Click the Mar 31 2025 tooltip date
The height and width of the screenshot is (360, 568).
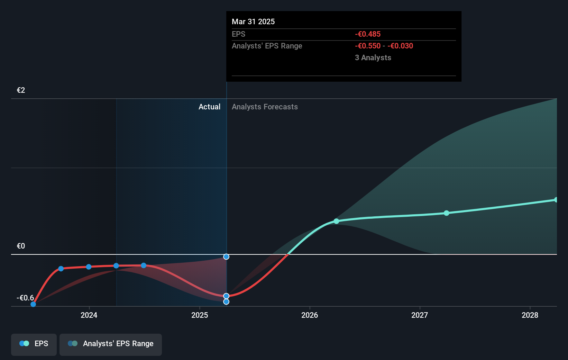coord(253,21)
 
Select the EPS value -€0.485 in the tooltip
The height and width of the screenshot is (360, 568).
coord(367,34)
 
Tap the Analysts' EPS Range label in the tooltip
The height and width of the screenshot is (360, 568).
coord(267,46)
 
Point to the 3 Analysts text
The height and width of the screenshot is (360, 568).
coord(373,57)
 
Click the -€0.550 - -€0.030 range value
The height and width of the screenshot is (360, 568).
coord(384,46)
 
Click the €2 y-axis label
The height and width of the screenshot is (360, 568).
coord(21,90)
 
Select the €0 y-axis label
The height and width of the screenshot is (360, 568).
coord(21,246)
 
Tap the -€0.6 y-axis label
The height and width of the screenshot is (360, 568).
coord(25,298)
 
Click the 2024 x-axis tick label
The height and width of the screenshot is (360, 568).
coord(89,315)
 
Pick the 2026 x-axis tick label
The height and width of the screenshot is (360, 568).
coord(310,315)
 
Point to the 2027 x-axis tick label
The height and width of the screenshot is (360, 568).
coord(420,315)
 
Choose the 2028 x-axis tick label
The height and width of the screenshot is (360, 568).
coord(530,315)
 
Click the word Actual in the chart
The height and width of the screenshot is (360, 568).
coord(209,107)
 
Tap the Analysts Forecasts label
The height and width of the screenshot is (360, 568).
coord(265,107)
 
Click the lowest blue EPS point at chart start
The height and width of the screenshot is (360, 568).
coord(33,304)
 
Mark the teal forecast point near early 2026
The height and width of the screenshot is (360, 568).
coord(336,221)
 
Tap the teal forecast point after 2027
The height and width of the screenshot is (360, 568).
coord(446,213)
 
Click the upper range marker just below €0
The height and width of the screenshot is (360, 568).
coord(226,256)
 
